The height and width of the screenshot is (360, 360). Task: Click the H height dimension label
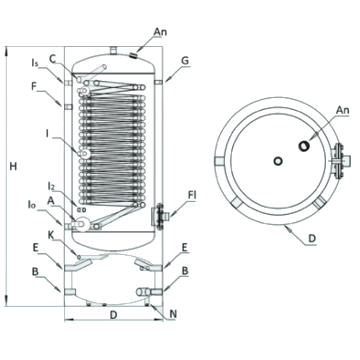point(13,166)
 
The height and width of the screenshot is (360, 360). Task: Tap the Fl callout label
point(192,195)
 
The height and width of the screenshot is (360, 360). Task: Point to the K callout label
point(51,235)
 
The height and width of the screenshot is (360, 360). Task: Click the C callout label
point(53,59)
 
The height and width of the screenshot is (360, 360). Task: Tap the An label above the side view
point(160,32)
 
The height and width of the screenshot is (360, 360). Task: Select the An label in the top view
point(343,110)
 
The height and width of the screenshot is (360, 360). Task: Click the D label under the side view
point(114,315)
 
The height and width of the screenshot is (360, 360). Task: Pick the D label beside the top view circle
point(312,238)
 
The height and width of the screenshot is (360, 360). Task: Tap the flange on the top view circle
point(340,161)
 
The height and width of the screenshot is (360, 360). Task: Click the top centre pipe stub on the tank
point(113,51)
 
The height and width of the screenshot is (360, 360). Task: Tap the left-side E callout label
point(35,248)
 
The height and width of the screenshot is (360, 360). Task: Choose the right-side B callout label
point(185,271)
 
